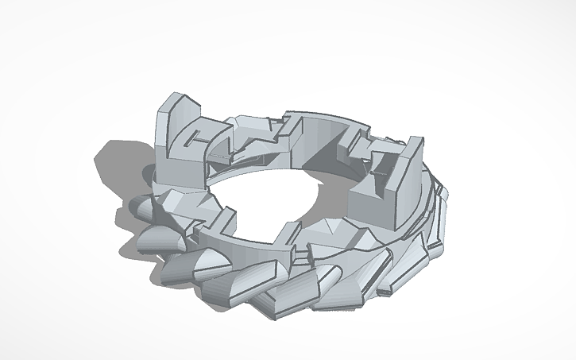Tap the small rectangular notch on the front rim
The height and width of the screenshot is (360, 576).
click(301, 253)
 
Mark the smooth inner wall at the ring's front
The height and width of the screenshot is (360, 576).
click(246, 246)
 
